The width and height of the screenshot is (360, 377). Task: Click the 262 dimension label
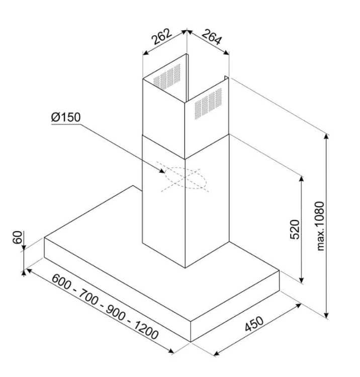tap(161, 36)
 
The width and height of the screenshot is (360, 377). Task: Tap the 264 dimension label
tap(211, 37)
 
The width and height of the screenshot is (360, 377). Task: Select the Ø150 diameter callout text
tap(66, 117)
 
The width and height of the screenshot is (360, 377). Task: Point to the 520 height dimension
tap(295, 229)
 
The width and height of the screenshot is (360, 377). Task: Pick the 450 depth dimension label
tap(254, 324)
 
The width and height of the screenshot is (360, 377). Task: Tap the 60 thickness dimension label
tap(18, 237)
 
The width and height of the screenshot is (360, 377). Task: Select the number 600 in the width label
tap(61, 282)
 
